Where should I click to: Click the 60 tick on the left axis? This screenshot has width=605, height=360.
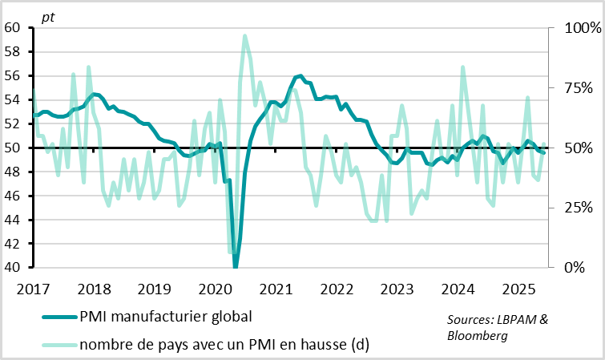click(x=13, y=27)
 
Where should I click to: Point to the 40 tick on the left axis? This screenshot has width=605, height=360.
click(x=13, y=268)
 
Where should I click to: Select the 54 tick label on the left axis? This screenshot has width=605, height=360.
click(x=13, y=99)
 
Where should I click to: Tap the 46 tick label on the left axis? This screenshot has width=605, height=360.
click(x=13, y=196)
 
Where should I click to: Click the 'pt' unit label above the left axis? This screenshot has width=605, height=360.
click(x=38, y=14)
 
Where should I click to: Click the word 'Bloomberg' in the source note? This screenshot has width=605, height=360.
click(x=478, y=336)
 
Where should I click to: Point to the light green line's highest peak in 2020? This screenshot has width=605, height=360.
click(x=244, y=36)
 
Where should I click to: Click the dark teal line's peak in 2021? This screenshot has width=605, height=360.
click(x=300, y=76)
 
